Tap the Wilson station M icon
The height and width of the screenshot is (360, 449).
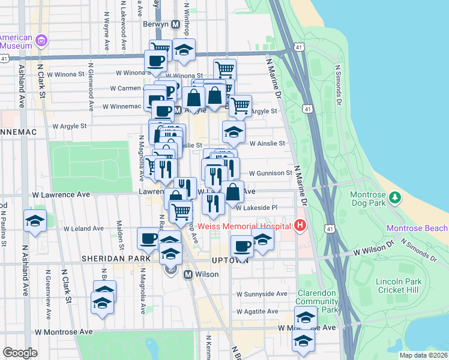pos(188,274)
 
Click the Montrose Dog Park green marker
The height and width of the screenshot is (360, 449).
pos(394,197)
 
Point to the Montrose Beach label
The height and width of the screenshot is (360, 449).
pos(417,228)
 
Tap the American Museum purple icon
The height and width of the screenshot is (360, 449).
pos(41,41)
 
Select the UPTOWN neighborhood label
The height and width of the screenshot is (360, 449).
pos(226,261)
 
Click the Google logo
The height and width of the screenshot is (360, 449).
pos(20,353)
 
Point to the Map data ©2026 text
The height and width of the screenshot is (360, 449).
pos(423,355)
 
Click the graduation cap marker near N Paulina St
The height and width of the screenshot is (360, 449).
pos(35,221)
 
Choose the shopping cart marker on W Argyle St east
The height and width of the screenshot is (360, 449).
pos(240,106)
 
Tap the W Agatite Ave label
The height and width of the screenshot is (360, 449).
pos(257,311)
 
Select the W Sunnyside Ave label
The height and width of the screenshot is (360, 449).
pos(262,294)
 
